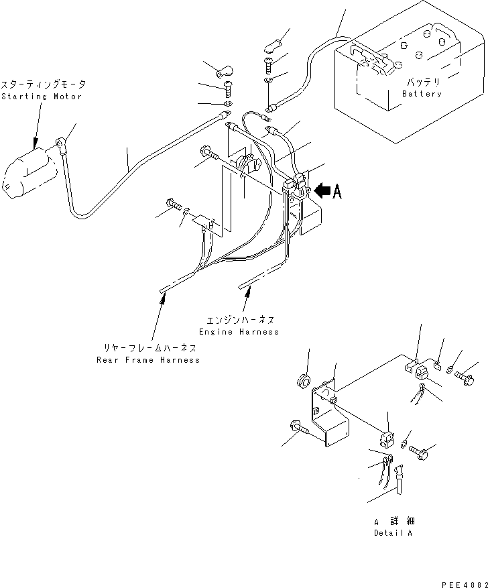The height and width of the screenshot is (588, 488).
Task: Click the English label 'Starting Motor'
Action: tap(41, 97)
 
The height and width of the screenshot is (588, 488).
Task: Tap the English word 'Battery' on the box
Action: tap(422, 94)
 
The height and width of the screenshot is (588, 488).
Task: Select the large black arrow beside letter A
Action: tap(322, 191)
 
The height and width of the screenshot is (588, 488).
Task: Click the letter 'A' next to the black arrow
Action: tap(337, 192)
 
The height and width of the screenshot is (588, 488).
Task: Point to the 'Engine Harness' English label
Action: tap(239, 332)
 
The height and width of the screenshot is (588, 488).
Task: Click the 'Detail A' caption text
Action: tap(393, 533)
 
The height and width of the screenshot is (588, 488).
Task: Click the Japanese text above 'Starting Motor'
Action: tap(43, 85)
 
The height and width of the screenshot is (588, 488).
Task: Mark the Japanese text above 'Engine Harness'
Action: tap(241, 320)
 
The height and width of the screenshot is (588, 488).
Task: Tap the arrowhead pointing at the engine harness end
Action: tap(249, 290)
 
